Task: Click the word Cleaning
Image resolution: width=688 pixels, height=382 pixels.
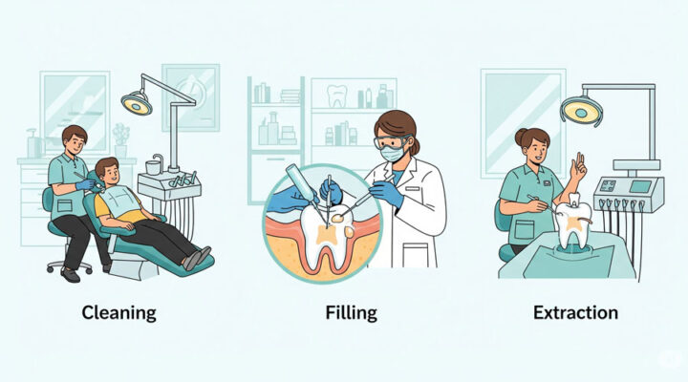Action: coord(118,313)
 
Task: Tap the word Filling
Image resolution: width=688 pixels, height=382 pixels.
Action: coord(351,313)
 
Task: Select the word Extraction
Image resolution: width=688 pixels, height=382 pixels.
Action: coord(575,312)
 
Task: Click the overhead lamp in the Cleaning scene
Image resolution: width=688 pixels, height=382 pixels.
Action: coord(137,103)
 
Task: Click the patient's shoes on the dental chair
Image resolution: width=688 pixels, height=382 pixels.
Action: coord(197,258)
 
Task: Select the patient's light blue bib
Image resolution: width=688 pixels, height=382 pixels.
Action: coord(123,202)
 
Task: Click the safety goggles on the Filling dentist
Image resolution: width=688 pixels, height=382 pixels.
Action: coord(391,142)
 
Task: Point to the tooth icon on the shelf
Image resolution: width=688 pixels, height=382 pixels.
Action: coord(337,95)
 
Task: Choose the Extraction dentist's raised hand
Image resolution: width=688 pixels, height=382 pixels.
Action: coord(577,168)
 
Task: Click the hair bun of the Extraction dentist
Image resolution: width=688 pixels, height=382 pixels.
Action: coord(521,137)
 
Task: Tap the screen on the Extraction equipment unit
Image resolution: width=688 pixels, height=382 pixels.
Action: coord(640,186)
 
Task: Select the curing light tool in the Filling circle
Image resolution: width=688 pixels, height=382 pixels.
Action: coord(302,183)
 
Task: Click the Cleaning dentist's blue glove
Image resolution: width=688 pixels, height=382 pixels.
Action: coord(85,184)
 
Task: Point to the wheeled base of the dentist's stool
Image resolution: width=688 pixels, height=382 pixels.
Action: coord(70,265)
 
